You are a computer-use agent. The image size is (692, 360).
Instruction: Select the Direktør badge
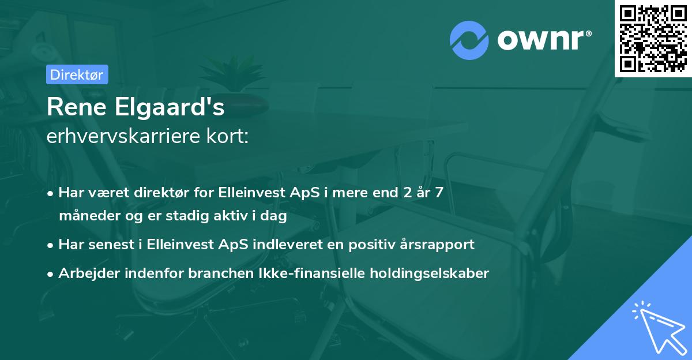77,74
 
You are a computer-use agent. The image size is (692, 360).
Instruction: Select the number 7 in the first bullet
439,193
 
